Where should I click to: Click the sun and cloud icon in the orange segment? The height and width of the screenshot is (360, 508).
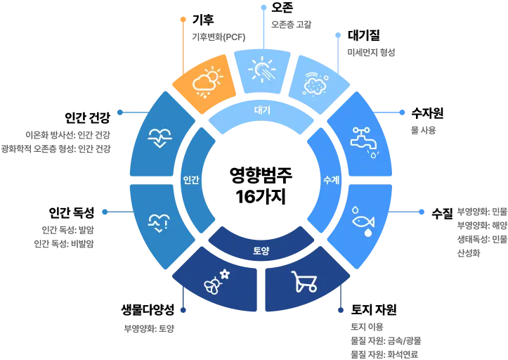coord(206,82)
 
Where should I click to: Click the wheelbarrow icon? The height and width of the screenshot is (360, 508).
coord(304,281)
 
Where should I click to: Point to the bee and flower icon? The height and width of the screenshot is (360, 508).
coord(216,281)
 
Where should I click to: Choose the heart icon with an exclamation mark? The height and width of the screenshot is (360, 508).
coord(158,224)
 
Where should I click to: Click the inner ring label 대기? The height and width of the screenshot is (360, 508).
coord(261,110)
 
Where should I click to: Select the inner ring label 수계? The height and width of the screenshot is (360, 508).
coord(331,180)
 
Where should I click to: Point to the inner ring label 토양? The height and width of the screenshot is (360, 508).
coord(261,250)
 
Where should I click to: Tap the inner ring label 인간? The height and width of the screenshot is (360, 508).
coord(190,180)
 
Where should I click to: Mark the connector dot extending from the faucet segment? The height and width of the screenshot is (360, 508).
coord(408,112)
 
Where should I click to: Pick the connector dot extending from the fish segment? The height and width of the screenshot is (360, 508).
coord(422,211)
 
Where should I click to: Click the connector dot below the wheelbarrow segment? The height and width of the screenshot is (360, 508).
coord(342,310)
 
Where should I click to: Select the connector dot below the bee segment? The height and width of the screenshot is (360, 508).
coord(183,310)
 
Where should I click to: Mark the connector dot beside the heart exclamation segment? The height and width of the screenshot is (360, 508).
coord(104,211)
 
